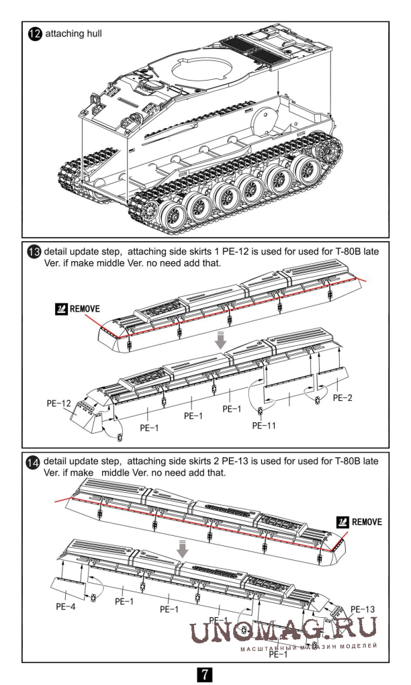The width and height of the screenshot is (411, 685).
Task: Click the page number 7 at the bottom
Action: point(205,672)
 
